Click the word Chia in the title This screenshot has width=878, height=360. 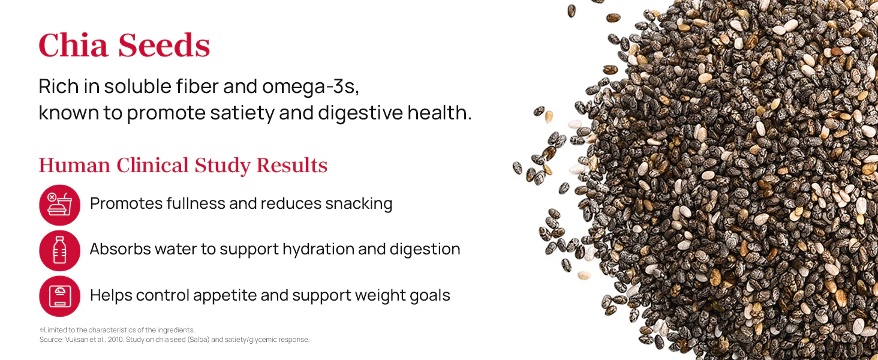coord(73,45)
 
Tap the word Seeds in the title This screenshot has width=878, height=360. coord(164,46)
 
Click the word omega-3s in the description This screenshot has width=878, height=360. coord(311,87)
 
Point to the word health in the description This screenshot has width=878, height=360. coord(440,113)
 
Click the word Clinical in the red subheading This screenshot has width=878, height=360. coord(152,165)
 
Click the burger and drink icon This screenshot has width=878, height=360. coord(59,205)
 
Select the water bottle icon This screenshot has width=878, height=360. coord(59,251)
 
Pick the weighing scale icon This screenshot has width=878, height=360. coord(59,296)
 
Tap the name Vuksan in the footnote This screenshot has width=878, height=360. coord(76,340)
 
